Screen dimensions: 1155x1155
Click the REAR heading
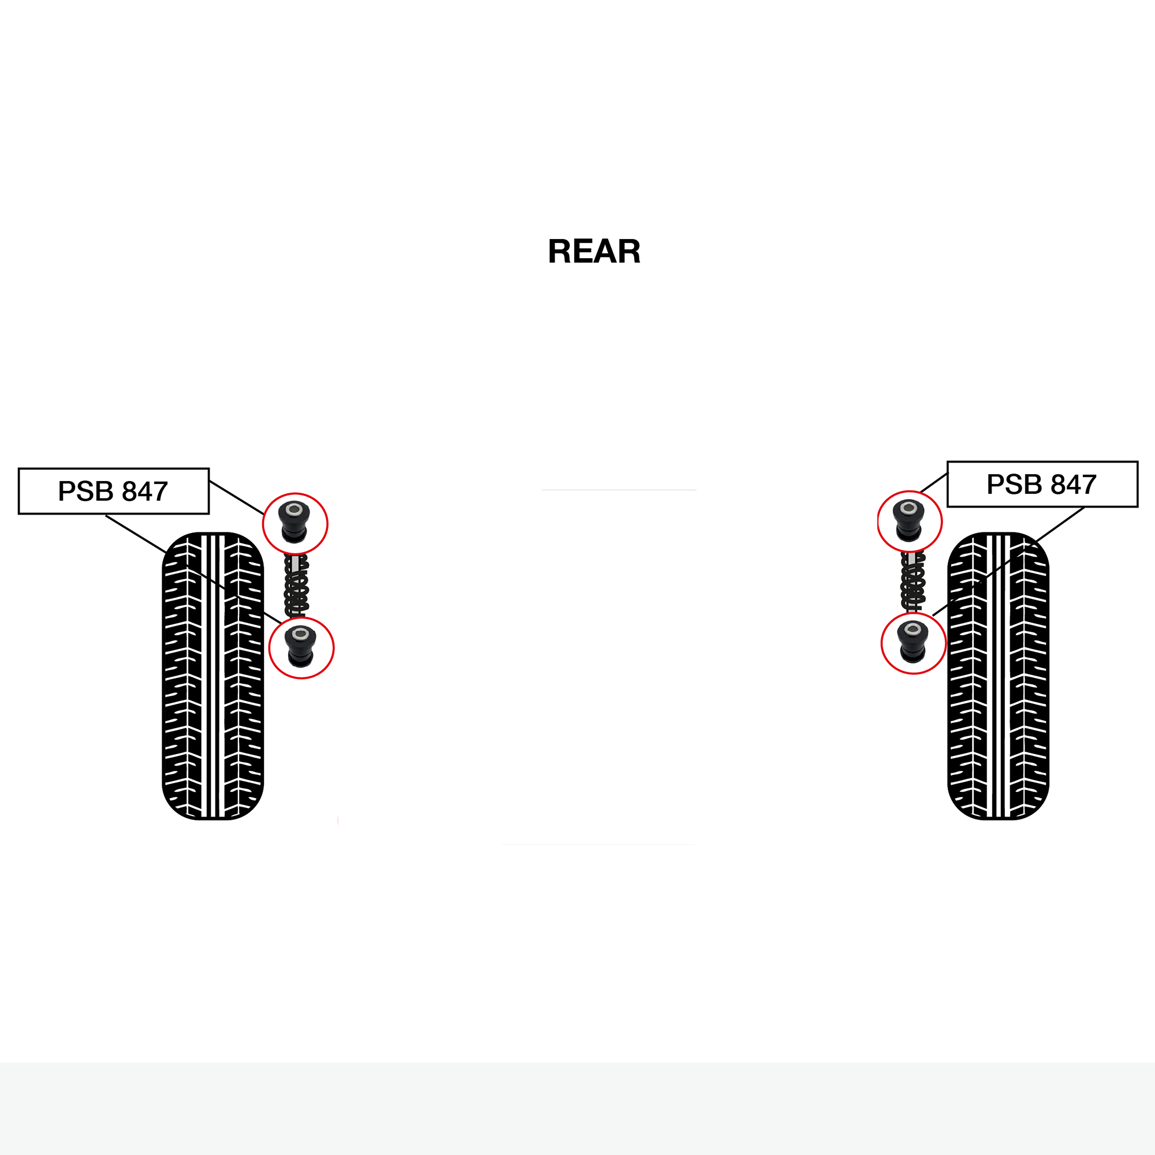(x=594, y=251)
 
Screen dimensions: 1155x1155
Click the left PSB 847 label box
(x=114, y=491)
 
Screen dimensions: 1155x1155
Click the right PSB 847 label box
(x=1042, y=485)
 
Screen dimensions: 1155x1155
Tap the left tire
(x=213, y=676)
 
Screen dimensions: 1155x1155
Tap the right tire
(x=998, y=676)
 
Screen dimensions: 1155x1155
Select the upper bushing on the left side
(x=295, y=521)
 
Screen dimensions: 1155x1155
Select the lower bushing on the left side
(x=301, y=646)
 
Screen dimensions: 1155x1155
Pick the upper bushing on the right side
(x=908, y=520)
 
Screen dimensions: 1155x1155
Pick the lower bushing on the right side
(x=913, y=642)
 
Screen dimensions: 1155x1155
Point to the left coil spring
(x=296, y=584)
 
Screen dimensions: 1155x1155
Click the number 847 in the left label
(x=145, y=491)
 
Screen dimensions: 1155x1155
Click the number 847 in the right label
(x=1074, y=485)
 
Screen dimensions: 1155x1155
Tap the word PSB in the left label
(x=85, y=491)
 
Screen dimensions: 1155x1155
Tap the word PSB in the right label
(x=1015, y=485)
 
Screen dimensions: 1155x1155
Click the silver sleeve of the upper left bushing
(x=294, y=510)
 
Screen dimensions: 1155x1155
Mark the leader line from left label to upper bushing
(x=237, y=497)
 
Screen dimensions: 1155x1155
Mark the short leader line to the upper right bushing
(x=934, y=482)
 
